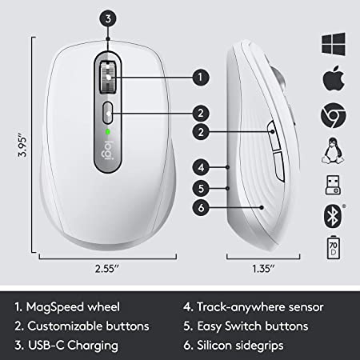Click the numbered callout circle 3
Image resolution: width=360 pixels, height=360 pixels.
tap(110, 17)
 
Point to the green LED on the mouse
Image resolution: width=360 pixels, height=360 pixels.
tap(107, 131)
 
